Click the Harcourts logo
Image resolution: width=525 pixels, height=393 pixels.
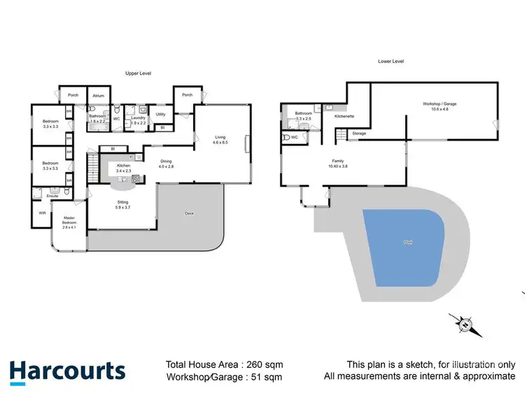coord(67,371)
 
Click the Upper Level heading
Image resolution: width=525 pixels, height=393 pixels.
coord(138,73)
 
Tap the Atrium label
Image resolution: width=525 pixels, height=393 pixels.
coord(98,96)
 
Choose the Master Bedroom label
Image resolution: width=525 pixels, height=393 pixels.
coord(69,222)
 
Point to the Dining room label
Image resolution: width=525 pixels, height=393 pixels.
coord(164,164)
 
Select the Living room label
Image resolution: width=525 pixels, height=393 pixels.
coord(220,138)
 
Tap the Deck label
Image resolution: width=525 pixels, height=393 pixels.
coord(189,213)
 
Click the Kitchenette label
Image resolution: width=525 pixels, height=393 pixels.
coord(344,116)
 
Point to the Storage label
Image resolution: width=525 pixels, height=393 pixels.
coord(359,133)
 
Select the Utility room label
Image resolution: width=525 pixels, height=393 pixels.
coord(160,115)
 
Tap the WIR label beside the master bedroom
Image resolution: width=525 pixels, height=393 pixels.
coord(42,213)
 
